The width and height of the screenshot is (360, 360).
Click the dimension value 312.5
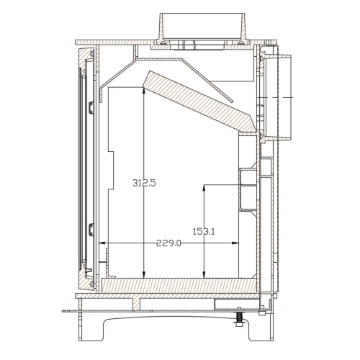(x=144, y=183)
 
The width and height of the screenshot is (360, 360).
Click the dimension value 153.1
(x=204, y=232)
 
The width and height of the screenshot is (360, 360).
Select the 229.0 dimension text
(x=168, y=243)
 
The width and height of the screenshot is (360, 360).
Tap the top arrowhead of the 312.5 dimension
(x=144, y=90)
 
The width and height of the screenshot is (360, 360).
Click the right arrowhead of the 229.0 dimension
(x=235, y=243)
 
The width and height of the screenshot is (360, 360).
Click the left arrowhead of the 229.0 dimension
(x=102, y=243)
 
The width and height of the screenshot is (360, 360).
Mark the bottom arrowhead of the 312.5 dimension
(x=144, y=275)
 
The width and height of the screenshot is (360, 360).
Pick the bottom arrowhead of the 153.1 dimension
(x=204, y=275)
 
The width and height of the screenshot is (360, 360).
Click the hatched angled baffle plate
(x=199, y=102)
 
